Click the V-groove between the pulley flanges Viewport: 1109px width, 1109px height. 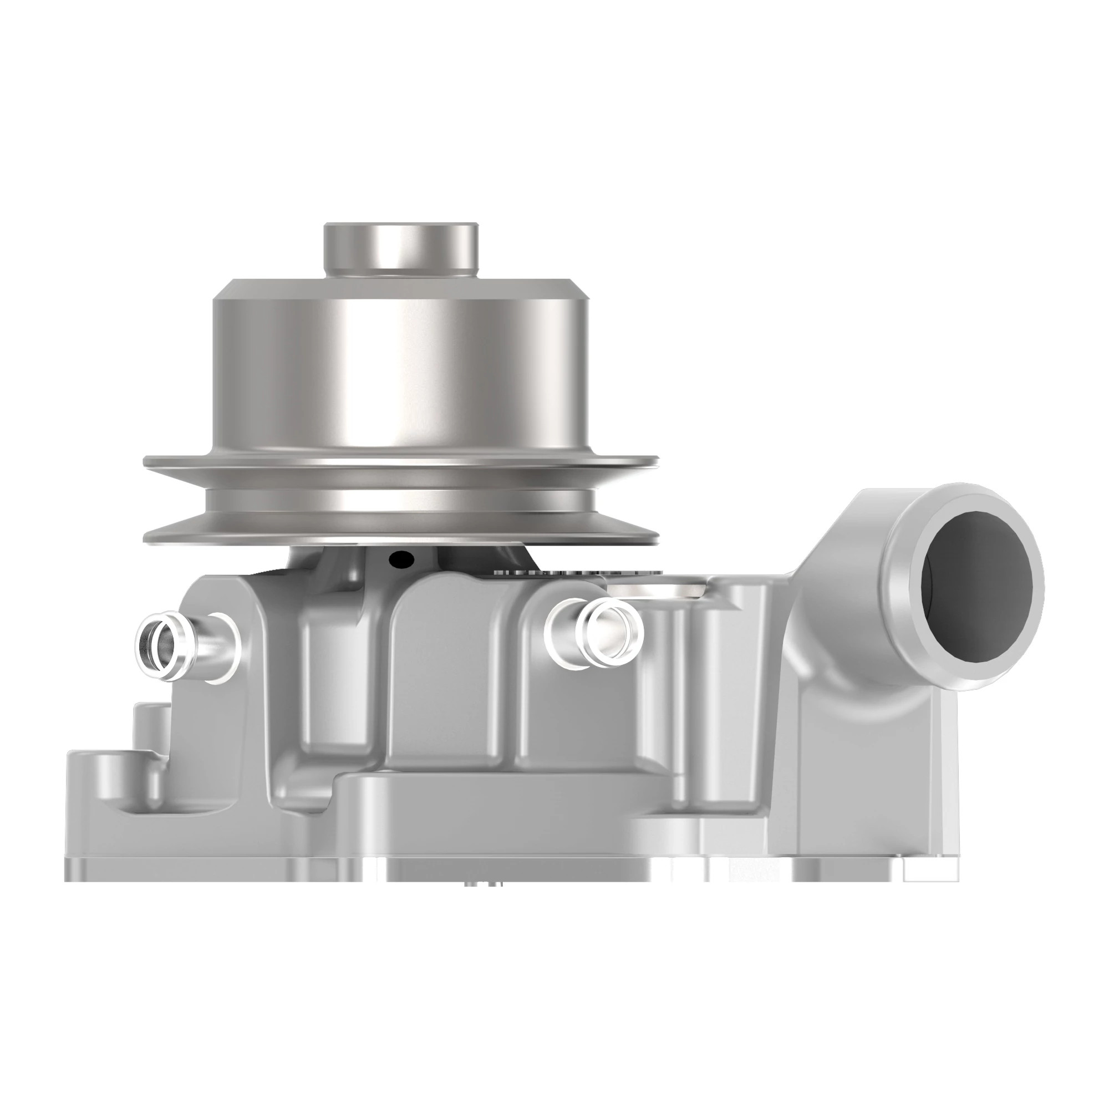[400, 498]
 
